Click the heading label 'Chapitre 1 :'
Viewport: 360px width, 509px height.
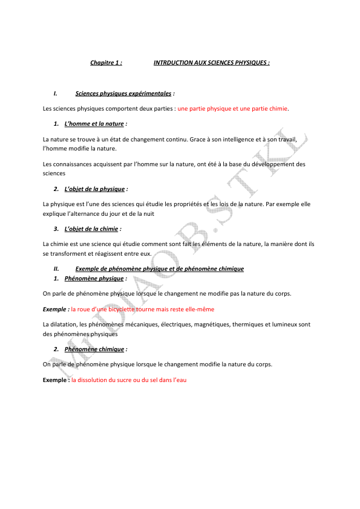coord(106,62)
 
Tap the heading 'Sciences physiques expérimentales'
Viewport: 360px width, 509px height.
coord(123,94)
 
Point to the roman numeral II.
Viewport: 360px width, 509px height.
coord(56,268)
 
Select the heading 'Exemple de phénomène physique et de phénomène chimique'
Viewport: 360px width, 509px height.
coord(159,268)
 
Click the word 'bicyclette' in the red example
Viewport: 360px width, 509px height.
coord(129,309)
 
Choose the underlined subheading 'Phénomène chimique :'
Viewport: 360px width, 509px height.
coord(94,349)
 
